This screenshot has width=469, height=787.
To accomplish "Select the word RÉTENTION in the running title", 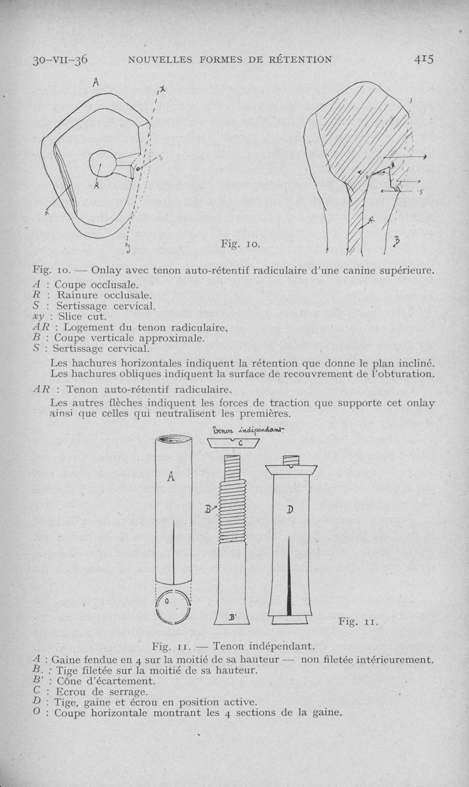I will pyautogui.click(x=295, y=59).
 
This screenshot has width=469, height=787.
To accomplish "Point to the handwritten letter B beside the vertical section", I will pyautogui.click(x=397, y=240).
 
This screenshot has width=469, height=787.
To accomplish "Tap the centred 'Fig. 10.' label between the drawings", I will pyautogui.click(x=240, y=243).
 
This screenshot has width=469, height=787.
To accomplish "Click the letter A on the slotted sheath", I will pyautogui.click(x=171, y=477).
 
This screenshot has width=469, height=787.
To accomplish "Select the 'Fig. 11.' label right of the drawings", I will pyautogui.click(x=358, y=621).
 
